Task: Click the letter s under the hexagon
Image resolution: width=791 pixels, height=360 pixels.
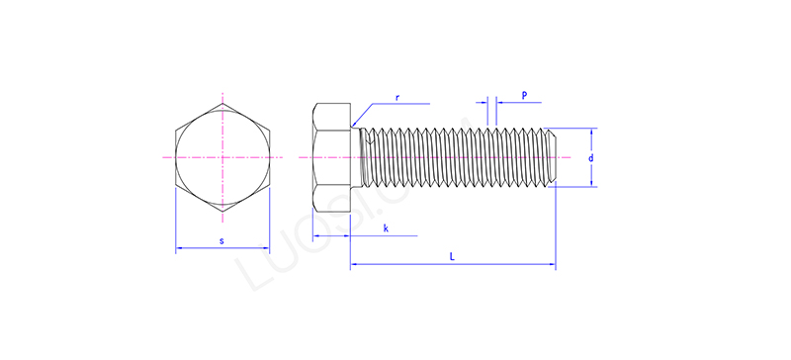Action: click(x=222, y=240)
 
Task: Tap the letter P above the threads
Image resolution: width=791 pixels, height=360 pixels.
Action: click(x=524, y=95)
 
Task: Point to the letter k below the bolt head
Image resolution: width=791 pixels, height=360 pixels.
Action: click(x=385, y=228)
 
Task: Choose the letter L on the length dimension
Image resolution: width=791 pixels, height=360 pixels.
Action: click(x=452, y=256)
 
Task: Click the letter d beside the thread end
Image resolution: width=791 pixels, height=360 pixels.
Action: click(x=590, y=157)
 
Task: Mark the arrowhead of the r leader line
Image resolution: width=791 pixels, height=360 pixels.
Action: click(x=354, y=124)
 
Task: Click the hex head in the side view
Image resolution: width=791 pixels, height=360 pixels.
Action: click(x=331, y=157)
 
